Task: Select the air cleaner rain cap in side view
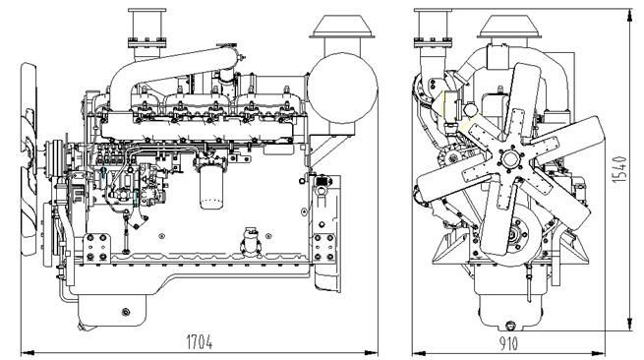point(339,29)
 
